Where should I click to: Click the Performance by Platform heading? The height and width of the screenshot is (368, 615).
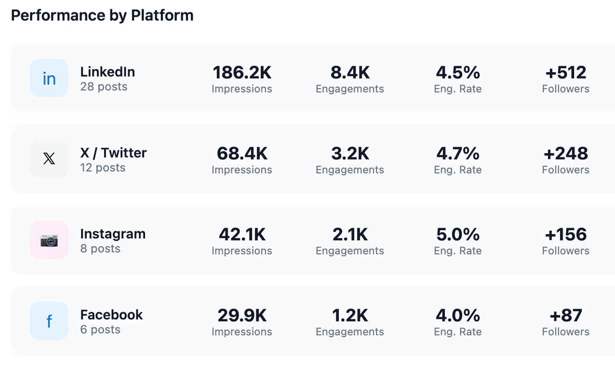click(x=102, y=15)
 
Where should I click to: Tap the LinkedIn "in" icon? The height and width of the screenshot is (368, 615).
click(x=49, y=78)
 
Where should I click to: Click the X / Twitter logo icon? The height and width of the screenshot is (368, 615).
click(x=49, y=159)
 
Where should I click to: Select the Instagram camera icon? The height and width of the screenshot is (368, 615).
click(x=49, y=240)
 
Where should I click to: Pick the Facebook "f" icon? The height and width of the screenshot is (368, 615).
click(x=49, y=321)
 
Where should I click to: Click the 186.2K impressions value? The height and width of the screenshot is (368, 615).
click(x=242, y=73)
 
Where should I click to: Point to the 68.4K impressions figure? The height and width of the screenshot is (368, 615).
click(x=242, y=154)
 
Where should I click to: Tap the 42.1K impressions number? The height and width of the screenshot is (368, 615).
click(x=242, y=235)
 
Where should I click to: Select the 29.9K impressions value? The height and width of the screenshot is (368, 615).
click(x=242, y=316)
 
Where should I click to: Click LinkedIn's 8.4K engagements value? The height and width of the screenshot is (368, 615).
click(x=350, y=73)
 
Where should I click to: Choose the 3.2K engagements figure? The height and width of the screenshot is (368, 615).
click(x=350, y=154)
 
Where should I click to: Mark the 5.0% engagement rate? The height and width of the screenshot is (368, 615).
click(x=458, y=235)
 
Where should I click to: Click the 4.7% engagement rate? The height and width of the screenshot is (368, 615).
click(x=458, y=154)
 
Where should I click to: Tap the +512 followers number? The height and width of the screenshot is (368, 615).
click(x=566, y=73)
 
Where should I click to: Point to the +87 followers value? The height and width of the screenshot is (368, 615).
click(x=566, y=316)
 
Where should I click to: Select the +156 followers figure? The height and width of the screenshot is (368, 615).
click(x=566, y=235)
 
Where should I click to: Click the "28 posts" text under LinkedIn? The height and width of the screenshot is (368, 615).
click(x=104, y=87)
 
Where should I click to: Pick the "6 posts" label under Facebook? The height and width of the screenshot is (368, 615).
click(x=100, y=330)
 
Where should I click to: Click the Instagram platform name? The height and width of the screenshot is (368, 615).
click(x=113, y=234)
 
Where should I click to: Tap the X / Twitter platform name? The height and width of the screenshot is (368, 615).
click(x=113, y=153)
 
